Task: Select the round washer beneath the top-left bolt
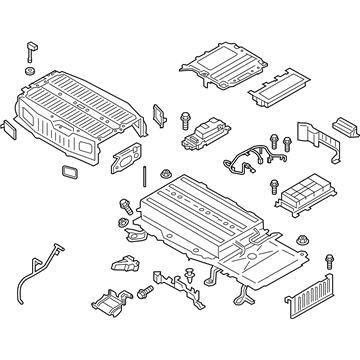[29, 72]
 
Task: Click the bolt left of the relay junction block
[186, 119]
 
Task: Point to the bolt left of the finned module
[274, 187]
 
